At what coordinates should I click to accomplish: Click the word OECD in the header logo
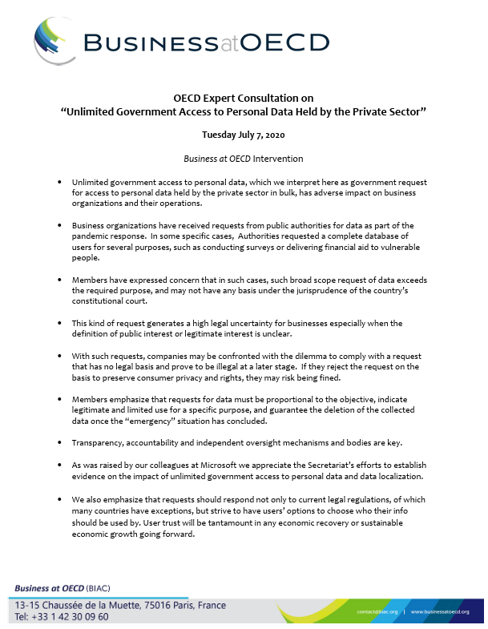tap(288, 42)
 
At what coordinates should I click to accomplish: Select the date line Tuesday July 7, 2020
tap(243, 135)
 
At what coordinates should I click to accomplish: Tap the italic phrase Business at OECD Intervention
tap(243, 159)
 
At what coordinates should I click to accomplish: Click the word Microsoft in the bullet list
tap(218, 464)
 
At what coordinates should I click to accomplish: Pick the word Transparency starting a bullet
tap(99, 442)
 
